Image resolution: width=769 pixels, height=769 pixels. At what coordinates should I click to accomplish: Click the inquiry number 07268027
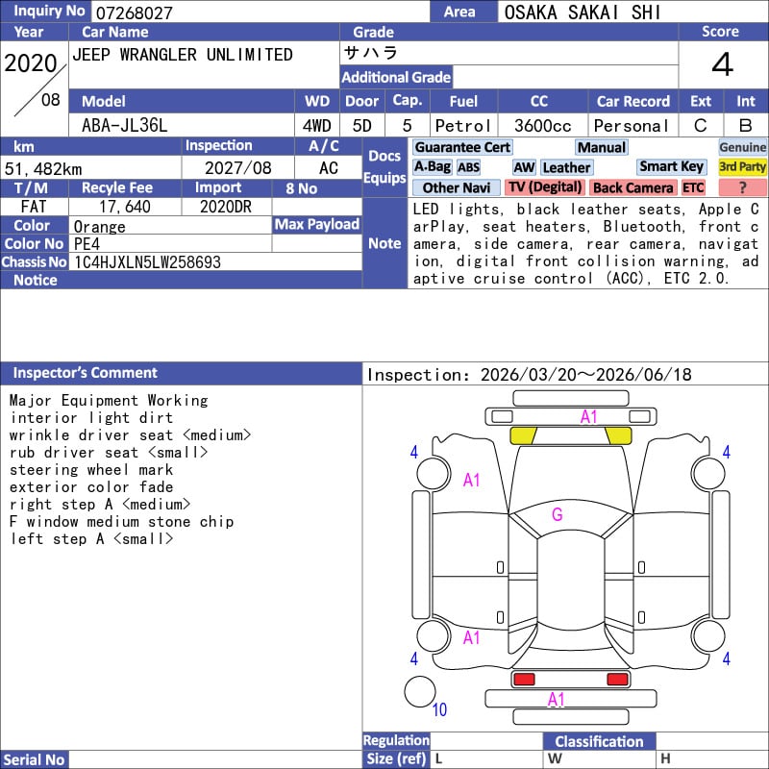pos(134,12)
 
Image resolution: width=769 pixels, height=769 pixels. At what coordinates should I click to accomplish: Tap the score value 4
pos(723,64)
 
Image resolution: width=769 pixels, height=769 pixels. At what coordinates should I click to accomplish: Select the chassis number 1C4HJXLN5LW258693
pos(147,262)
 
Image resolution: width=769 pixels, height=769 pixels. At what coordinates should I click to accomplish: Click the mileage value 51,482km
pos(43,169)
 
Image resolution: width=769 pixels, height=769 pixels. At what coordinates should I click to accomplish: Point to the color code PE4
pos(87,244)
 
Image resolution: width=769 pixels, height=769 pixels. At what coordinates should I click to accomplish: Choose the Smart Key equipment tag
pos(671,166)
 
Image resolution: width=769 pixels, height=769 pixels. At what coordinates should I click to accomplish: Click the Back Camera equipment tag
pos(633,187)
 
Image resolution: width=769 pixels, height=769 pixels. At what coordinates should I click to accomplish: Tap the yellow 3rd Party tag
pos(742,166)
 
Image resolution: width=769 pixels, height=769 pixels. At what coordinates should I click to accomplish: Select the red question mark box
pos(742,187)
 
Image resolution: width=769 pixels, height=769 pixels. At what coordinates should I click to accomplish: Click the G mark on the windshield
pos(558,514)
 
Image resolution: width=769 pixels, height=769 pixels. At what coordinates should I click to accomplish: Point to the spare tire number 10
pos(439,709)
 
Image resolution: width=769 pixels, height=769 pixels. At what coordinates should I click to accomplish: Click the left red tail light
pos(524,680)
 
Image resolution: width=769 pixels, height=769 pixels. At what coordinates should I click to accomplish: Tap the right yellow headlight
pos(618,435)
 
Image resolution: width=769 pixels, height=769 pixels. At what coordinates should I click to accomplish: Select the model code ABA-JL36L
pos(125,126)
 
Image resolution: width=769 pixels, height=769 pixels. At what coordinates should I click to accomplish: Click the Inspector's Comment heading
pos(85,373)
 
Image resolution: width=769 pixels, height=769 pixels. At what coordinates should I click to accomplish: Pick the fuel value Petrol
pos(463,126)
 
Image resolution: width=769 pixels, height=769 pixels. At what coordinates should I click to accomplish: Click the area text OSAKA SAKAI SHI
pos(583,12)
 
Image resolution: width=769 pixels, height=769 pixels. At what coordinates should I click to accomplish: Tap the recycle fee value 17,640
pos(125,207)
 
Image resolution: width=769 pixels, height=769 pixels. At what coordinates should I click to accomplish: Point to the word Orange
pos(100,227)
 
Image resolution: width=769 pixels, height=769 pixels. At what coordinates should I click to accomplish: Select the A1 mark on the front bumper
pos(588,417)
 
